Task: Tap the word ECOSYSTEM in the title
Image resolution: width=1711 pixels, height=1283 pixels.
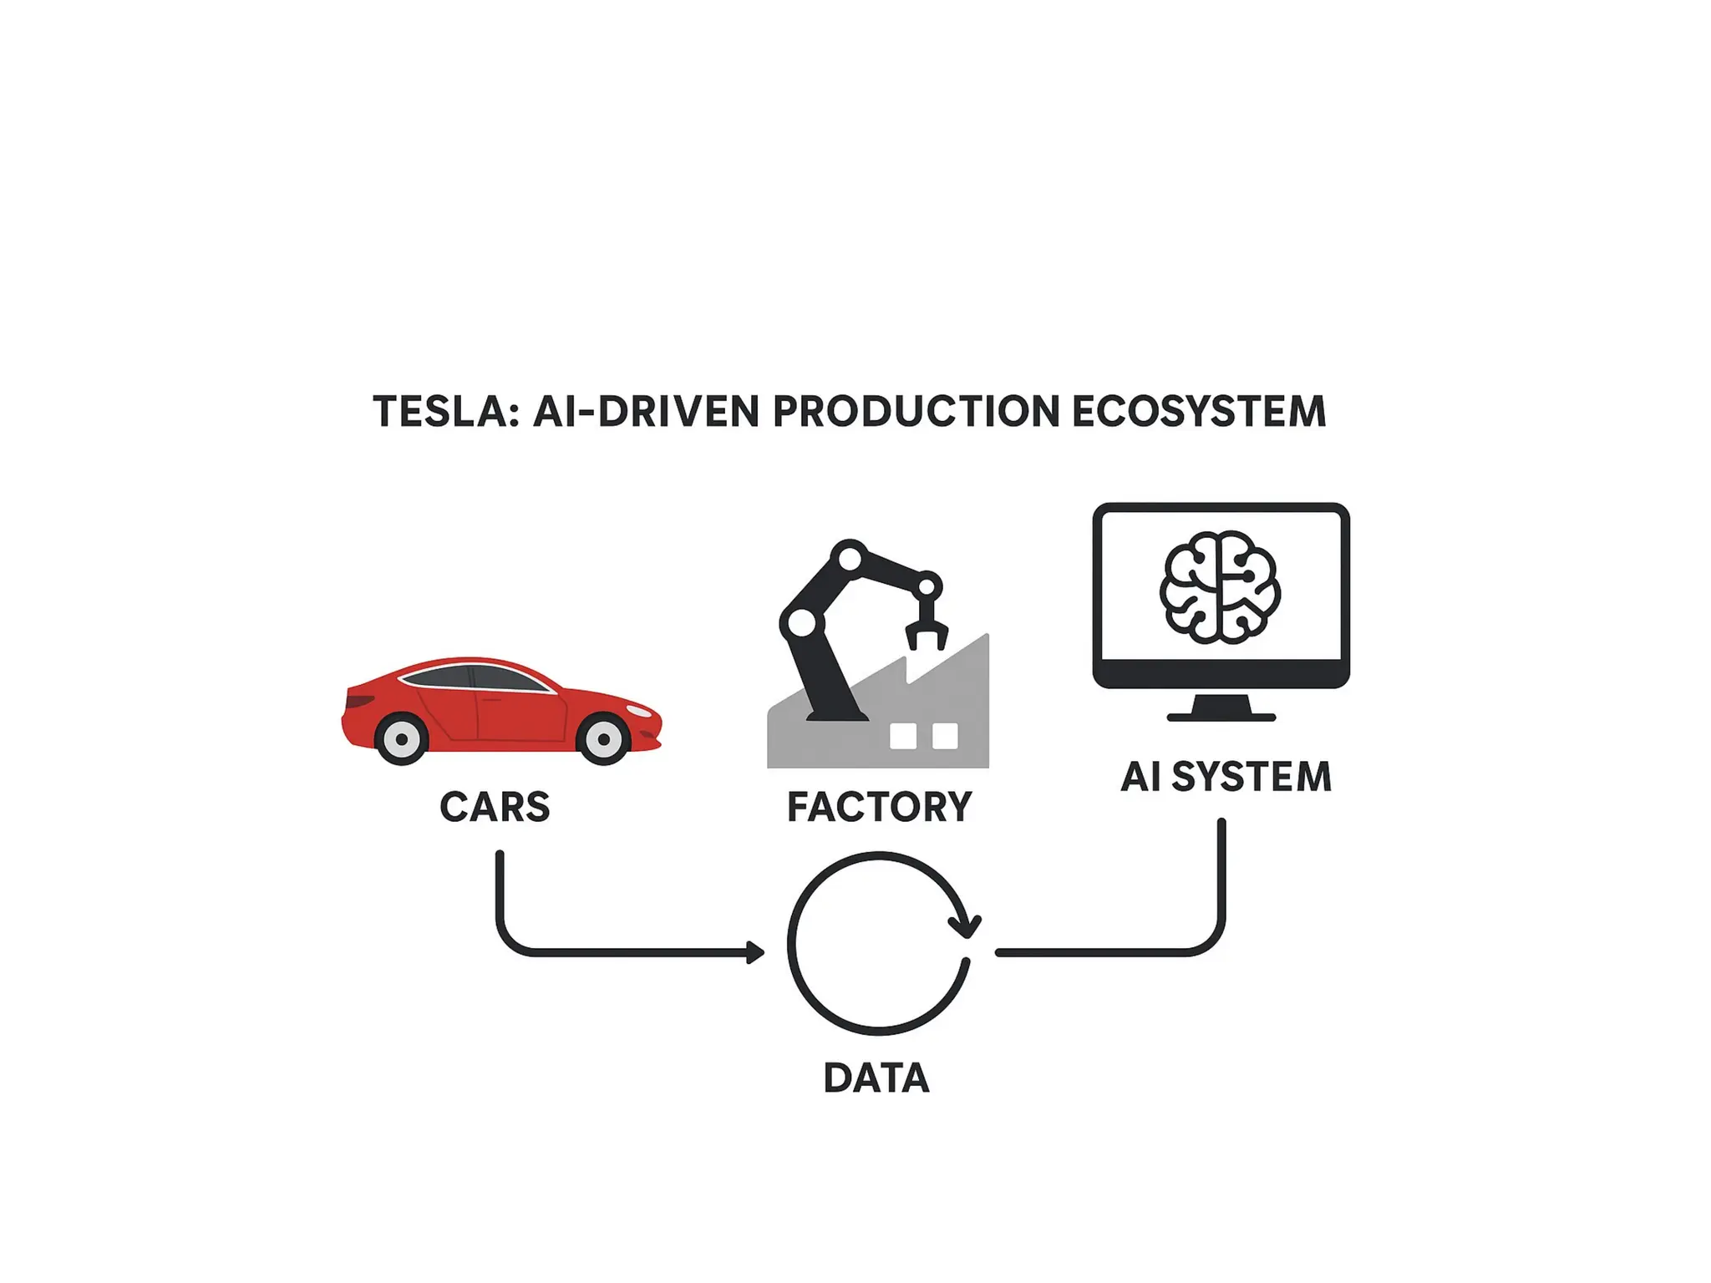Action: click(1198, 412)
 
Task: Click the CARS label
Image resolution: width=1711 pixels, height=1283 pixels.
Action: click(495, 807)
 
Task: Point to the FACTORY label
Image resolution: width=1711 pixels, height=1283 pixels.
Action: click(879, 807)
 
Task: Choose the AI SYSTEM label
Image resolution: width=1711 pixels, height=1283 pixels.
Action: click(1226, 777)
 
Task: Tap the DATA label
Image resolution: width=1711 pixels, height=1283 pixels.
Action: click(876, 1078)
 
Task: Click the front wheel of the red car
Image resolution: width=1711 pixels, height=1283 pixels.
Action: click(603, 739)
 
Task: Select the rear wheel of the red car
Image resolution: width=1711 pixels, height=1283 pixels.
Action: click(402, 739)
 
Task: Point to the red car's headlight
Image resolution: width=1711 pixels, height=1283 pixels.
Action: click(639, 711)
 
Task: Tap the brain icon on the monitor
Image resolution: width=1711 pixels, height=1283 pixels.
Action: click(1220, 588)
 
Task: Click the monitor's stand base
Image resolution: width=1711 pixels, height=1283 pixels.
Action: click(1221, 716)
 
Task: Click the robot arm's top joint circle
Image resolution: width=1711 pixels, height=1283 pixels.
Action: click(850, 557)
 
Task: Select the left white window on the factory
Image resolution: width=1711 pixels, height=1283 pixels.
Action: click(903, 736)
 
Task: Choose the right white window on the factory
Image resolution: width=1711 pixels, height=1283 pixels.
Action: click(945, 736)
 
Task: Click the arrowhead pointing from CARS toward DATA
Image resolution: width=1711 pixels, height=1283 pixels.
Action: click(755, 952)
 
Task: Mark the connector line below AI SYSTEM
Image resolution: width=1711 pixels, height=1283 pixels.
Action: click(1221, 885)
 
